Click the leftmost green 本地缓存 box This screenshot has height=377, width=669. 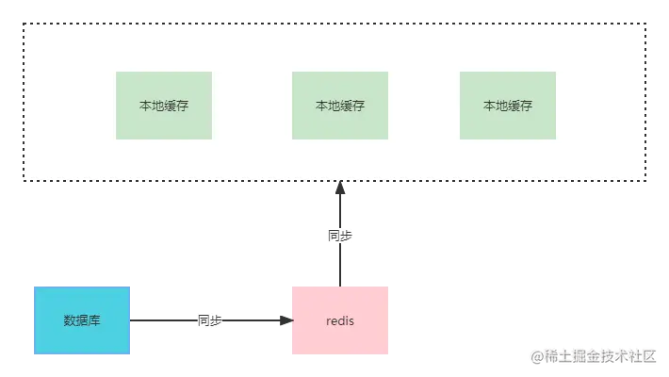point(163,106)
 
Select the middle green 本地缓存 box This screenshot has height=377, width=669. point(339,106)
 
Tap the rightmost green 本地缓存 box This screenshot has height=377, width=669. point(507,106)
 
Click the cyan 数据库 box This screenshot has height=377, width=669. point(83,320)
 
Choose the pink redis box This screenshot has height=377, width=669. point(339,320)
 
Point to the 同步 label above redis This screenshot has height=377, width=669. point(339,236)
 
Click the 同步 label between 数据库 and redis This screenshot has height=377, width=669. point(210,320)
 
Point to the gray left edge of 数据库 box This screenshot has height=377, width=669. point(33,320)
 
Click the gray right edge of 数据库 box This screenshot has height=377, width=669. point(133,320)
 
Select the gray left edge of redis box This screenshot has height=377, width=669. point(289,320)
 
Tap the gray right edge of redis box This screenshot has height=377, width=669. point(389,320)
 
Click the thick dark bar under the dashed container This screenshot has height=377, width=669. point(188,185)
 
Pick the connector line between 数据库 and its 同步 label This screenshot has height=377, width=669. point(165,320)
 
